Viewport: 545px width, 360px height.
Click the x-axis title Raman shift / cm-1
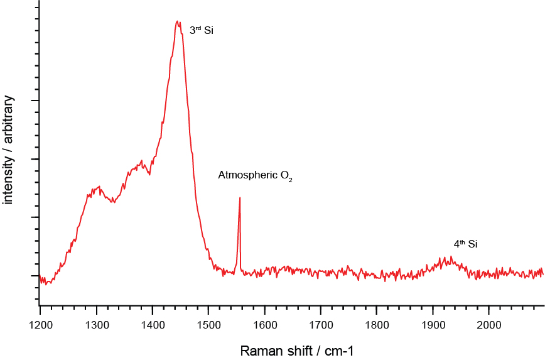coord(291,350)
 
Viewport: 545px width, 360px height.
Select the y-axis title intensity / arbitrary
coord(9,150)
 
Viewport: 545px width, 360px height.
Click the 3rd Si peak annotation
coord(202,30)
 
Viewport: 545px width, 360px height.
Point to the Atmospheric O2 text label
coord(256,176)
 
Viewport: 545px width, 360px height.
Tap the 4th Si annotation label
coord(465,244)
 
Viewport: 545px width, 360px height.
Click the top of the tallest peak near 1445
coord(178,21)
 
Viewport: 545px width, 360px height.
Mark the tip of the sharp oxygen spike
coord(240,197)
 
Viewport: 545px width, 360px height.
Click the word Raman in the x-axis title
coord(256,350)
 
